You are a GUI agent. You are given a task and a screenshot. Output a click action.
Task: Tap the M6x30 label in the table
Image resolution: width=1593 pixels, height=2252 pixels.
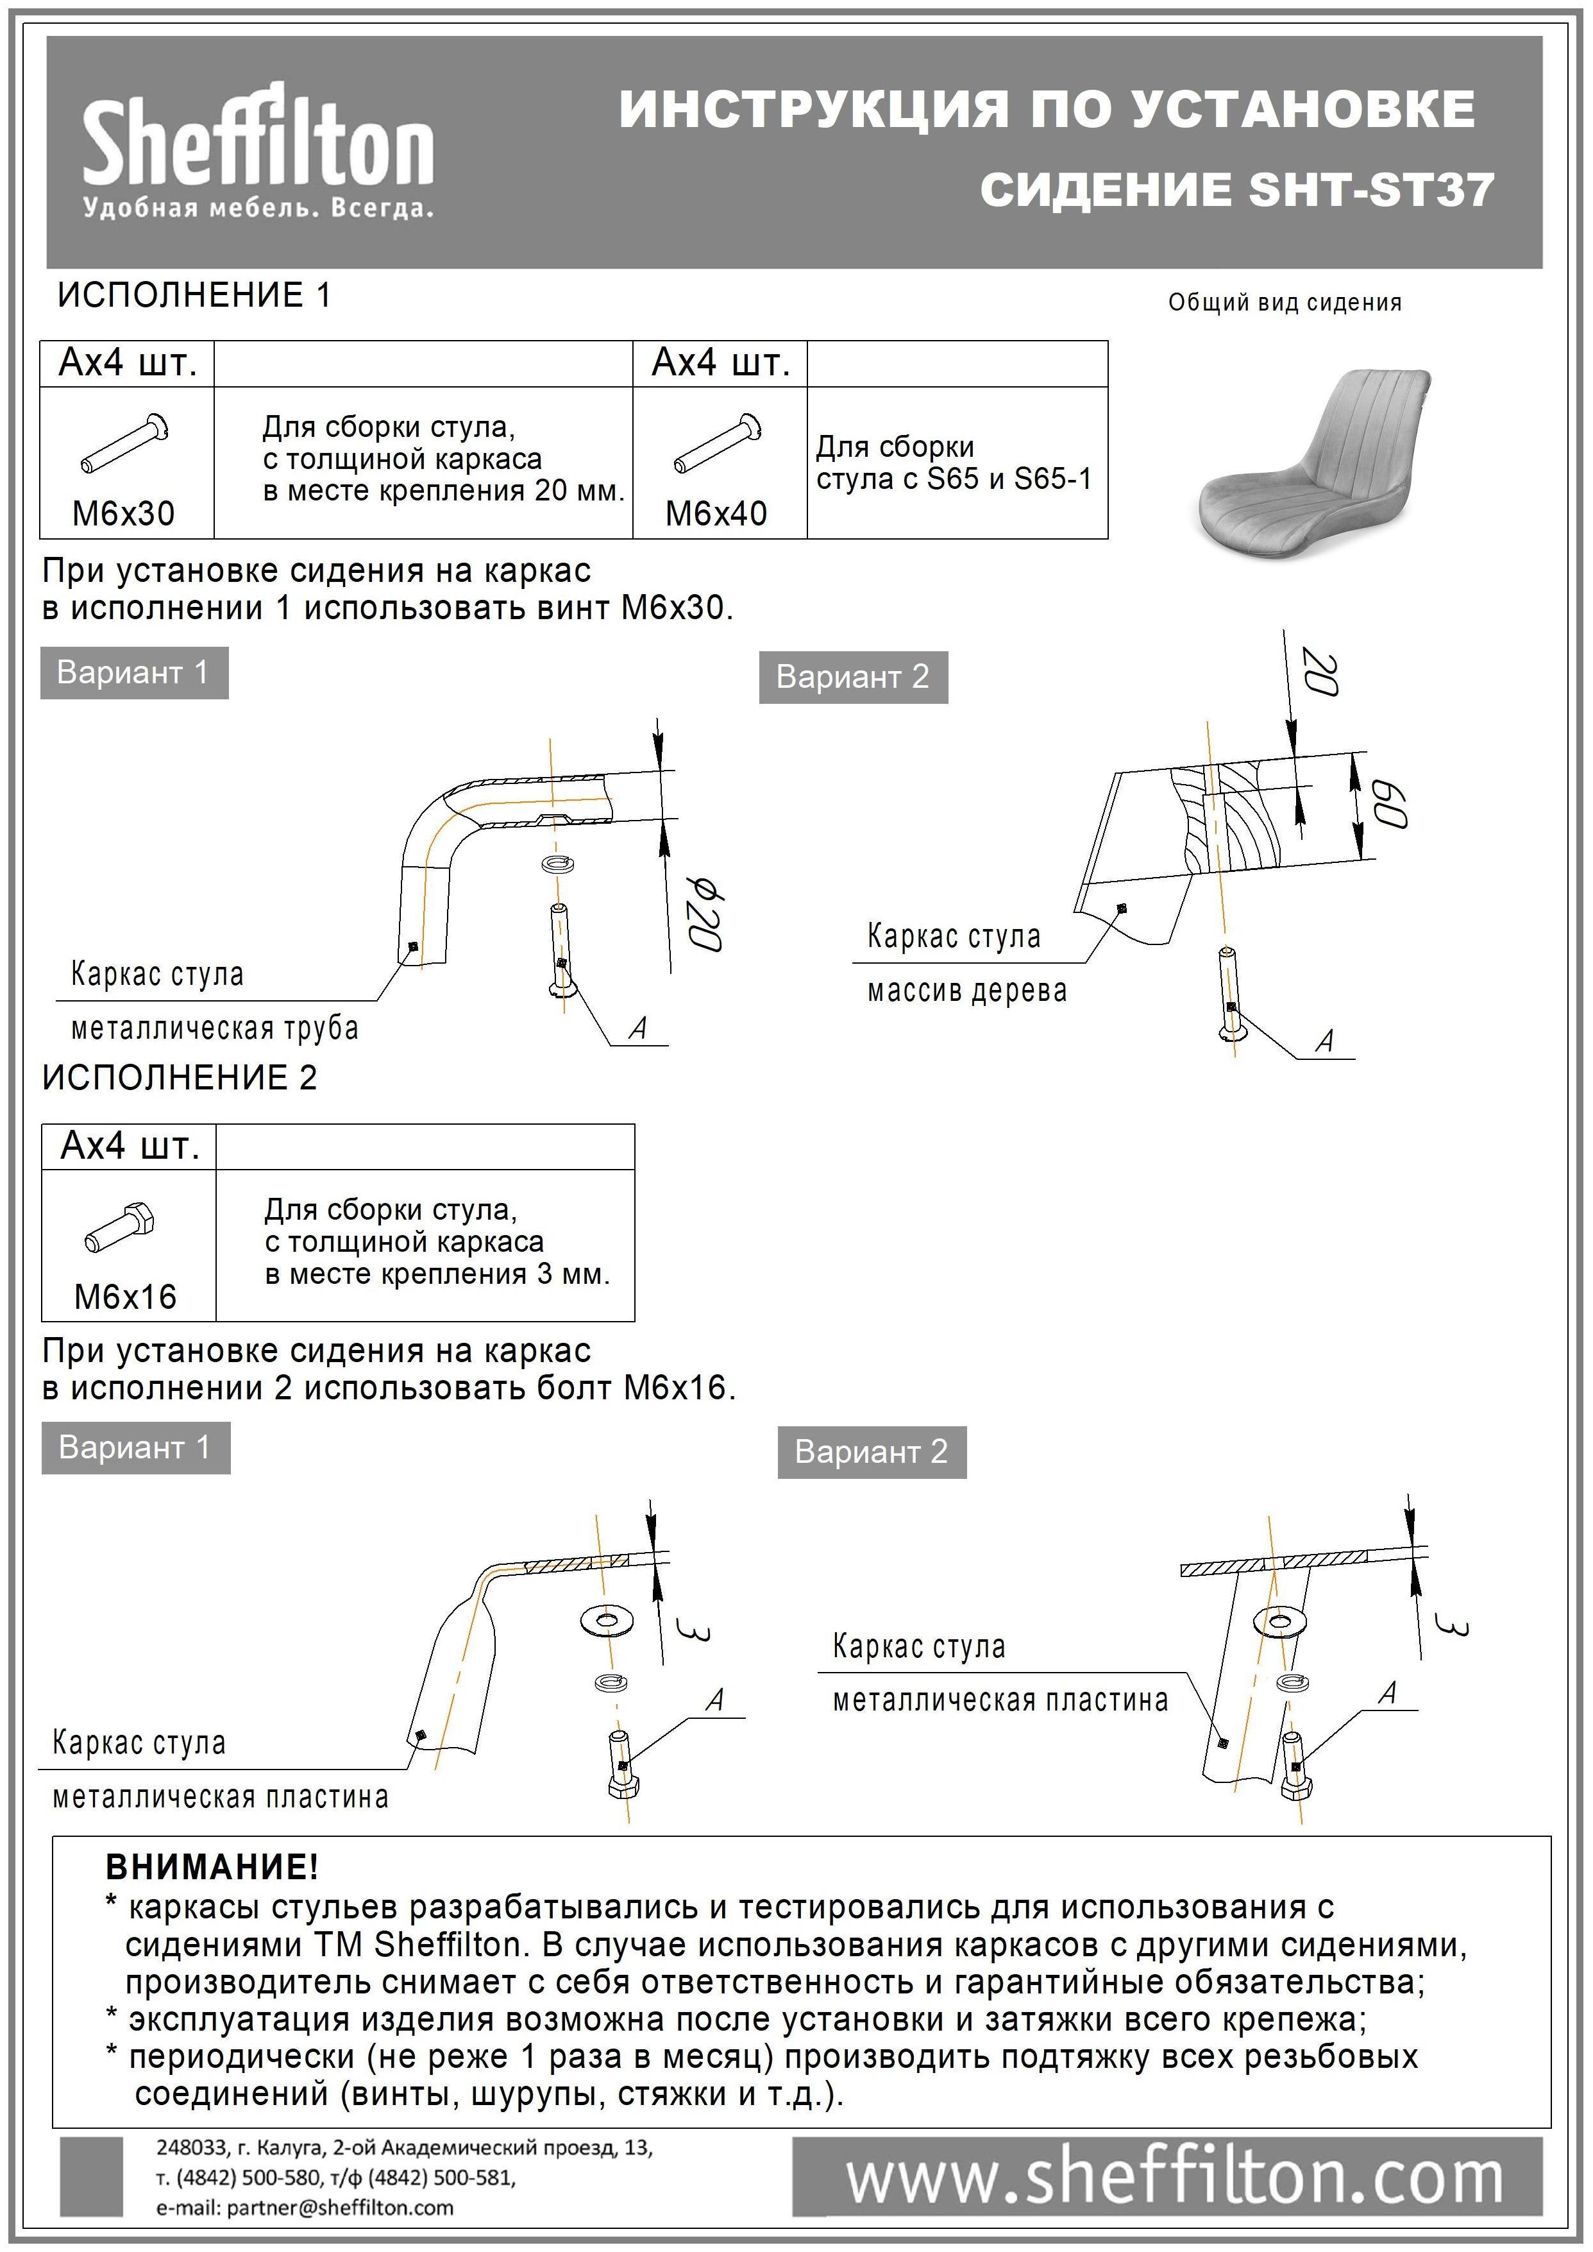pyautogui.click(x=124, y=513)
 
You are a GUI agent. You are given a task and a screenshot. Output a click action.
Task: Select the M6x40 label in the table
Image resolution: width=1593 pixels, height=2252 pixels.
pyautogui.click(x=716, y=513)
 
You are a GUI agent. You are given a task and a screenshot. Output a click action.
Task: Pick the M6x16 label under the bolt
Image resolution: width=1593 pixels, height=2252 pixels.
pyautogui.click(x=126, y=1297)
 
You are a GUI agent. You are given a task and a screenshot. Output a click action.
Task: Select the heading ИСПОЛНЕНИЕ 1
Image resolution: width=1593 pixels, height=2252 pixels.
pyautogui.click(x=194, y=295)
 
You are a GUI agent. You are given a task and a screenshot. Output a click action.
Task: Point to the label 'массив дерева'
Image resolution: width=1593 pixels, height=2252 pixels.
pyautogui.click(x=966, y=991)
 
